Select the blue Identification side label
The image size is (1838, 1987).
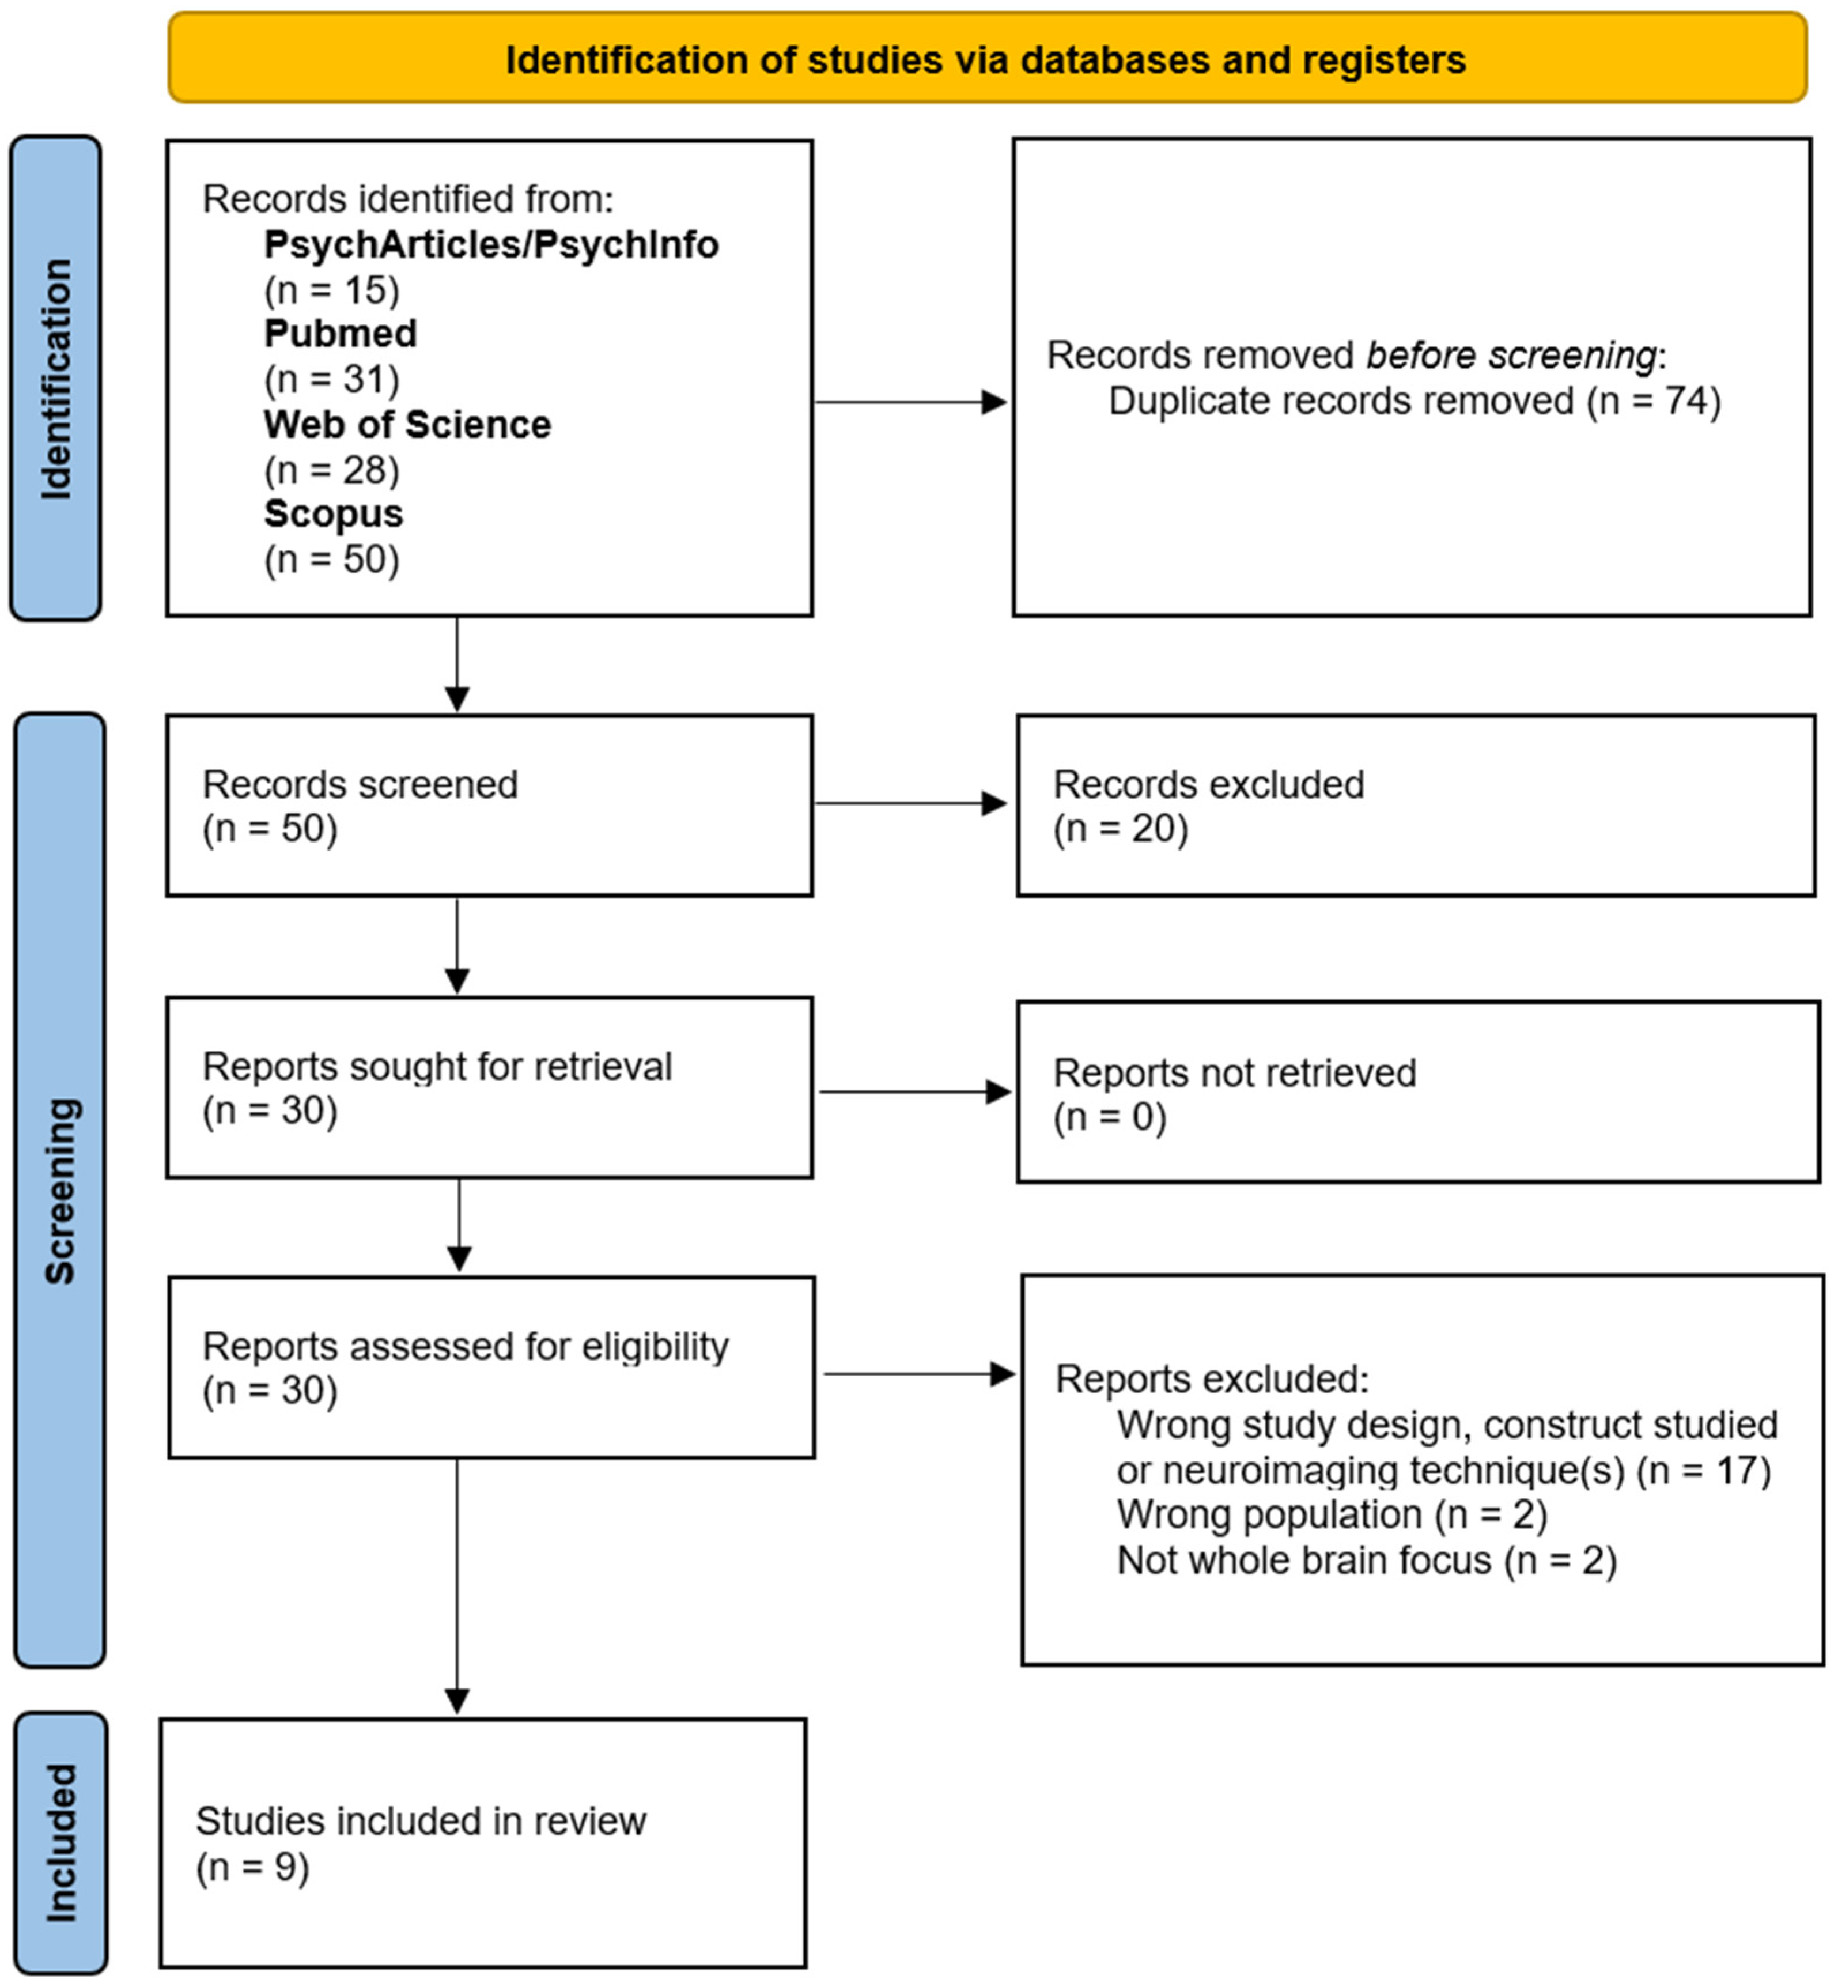56,378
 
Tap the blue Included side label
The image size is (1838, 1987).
60,1842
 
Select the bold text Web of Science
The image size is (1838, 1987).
407,425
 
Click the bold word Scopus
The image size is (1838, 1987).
333,514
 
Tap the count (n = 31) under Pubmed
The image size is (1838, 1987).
331,379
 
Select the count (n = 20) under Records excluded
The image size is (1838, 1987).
1120,829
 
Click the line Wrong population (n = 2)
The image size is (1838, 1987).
1331,1514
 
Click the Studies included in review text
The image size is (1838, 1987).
421,1821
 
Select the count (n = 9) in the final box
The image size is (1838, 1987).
252,1867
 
